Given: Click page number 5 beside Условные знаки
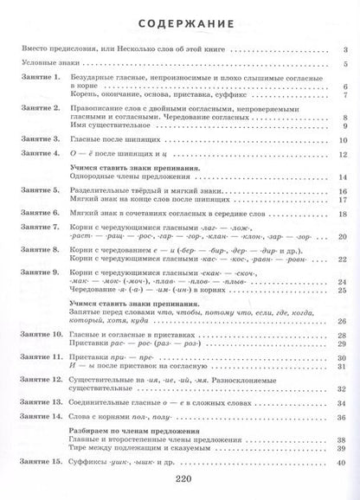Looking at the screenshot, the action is point(344,65).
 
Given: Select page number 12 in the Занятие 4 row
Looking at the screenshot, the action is point(343,153).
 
